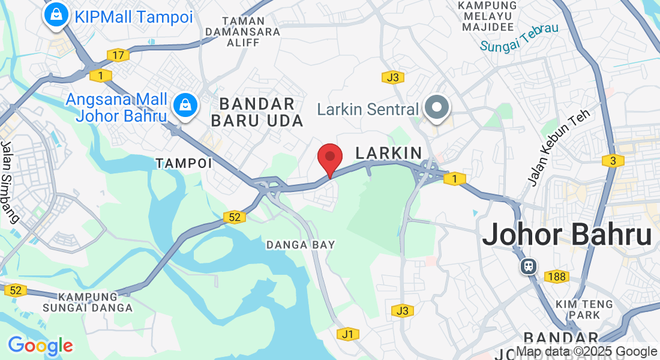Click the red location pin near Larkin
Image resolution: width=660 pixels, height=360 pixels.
(x=329, y=157)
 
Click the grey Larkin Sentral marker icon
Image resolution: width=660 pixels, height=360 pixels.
(x=437, y=108)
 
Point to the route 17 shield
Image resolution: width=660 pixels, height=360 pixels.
(x=118, y=56)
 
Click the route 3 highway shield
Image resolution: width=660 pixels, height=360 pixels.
(x=613, y=161)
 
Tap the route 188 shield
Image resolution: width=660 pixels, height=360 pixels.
(x=556, y=277)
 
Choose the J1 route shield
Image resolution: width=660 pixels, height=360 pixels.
(x=347, y=334)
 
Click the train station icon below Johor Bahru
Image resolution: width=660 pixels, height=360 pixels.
(x=529, y=265)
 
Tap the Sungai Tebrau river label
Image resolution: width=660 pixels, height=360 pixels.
(x=519, y=37)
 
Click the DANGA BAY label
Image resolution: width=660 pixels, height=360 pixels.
(x=301, y=245)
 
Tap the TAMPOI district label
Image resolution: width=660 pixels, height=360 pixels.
(x=184, y=163)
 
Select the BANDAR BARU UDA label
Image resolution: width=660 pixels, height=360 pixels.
(x=257, y=112)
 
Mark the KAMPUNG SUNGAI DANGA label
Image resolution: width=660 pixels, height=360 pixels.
(x=88, y=302)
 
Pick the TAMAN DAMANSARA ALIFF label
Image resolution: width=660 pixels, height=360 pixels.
(x=242, y=31)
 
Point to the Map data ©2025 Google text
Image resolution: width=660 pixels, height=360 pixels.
(x=586, y=352)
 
